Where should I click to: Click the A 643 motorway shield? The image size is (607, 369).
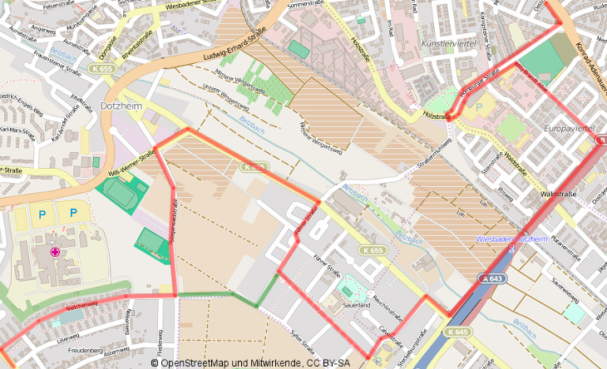coord(492,278)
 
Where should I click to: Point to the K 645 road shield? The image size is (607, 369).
coord(456,332)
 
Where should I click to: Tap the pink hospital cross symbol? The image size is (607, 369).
coord(56,252)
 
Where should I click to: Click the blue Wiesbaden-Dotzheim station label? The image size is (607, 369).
coord(512,239)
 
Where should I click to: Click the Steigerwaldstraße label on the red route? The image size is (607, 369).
coord(175,219)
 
